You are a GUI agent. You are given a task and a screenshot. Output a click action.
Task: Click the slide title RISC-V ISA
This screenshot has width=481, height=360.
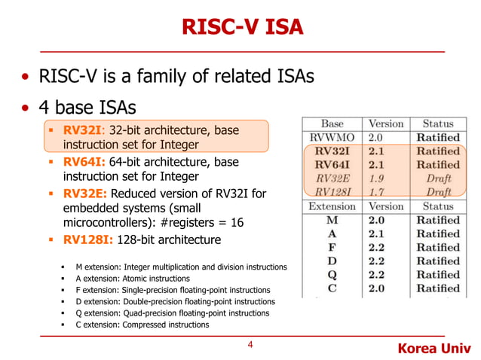[x=241, y=27]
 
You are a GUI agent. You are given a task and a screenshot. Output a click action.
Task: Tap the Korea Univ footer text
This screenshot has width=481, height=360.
[x=433, y=349]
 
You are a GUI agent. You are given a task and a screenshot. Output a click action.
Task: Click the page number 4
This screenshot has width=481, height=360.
[x=250, y=346]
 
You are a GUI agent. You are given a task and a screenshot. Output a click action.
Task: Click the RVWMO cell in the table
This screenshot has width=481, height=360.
[x=332, y=137]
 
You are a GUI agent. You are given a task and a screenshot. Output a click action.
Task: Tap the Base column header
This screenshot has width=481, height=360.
[x=332, y=124]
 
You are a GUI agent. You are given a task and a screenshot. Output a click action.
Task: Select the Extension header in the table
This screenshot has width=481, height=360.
[x=332, y=206]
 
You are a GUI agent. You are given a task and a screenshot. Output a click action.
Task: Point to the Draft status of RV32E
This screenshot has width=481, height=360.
[x=438, y=178]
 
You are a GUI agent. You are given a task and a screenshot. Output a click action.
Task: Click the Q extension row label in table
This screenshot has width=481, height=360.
[x=332, y=274]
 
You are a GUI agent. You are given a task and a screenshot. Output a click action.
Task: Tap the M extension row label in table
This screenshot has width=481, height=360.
[x=332, y=220]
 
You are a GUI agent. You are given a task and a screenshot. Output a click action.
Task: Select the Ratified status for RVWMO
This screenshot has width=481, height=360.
[x=438, y=137]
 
